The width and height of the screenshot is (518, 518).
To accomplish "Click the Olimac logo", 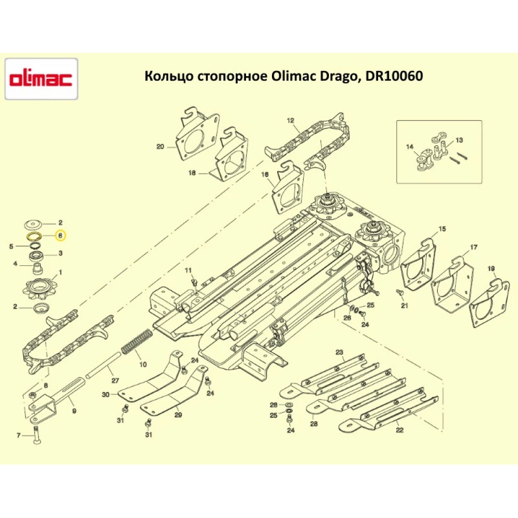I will coord(41,79).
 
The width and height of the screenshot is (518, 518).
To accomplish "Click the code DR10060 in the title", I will coord(394,76).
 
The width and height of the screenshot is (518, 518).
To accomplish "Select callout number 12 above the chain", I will coord(290,121).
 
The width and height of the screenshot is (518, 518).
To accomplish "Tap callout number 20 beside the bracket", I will coord(160,147).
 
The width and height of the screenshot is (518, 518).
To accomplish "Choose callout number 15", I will coord(442,228).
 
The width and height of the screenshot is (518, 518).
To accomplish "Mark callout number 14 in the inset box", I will coord(410,147).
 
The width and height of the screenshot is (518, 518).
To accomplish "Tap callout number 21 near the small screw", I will coord(404,305).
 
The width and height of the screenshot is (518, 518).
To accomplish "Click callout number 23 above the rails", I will coord(339,353).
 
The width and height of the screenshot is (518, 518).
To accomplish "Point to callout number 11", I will coord(188,270).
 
